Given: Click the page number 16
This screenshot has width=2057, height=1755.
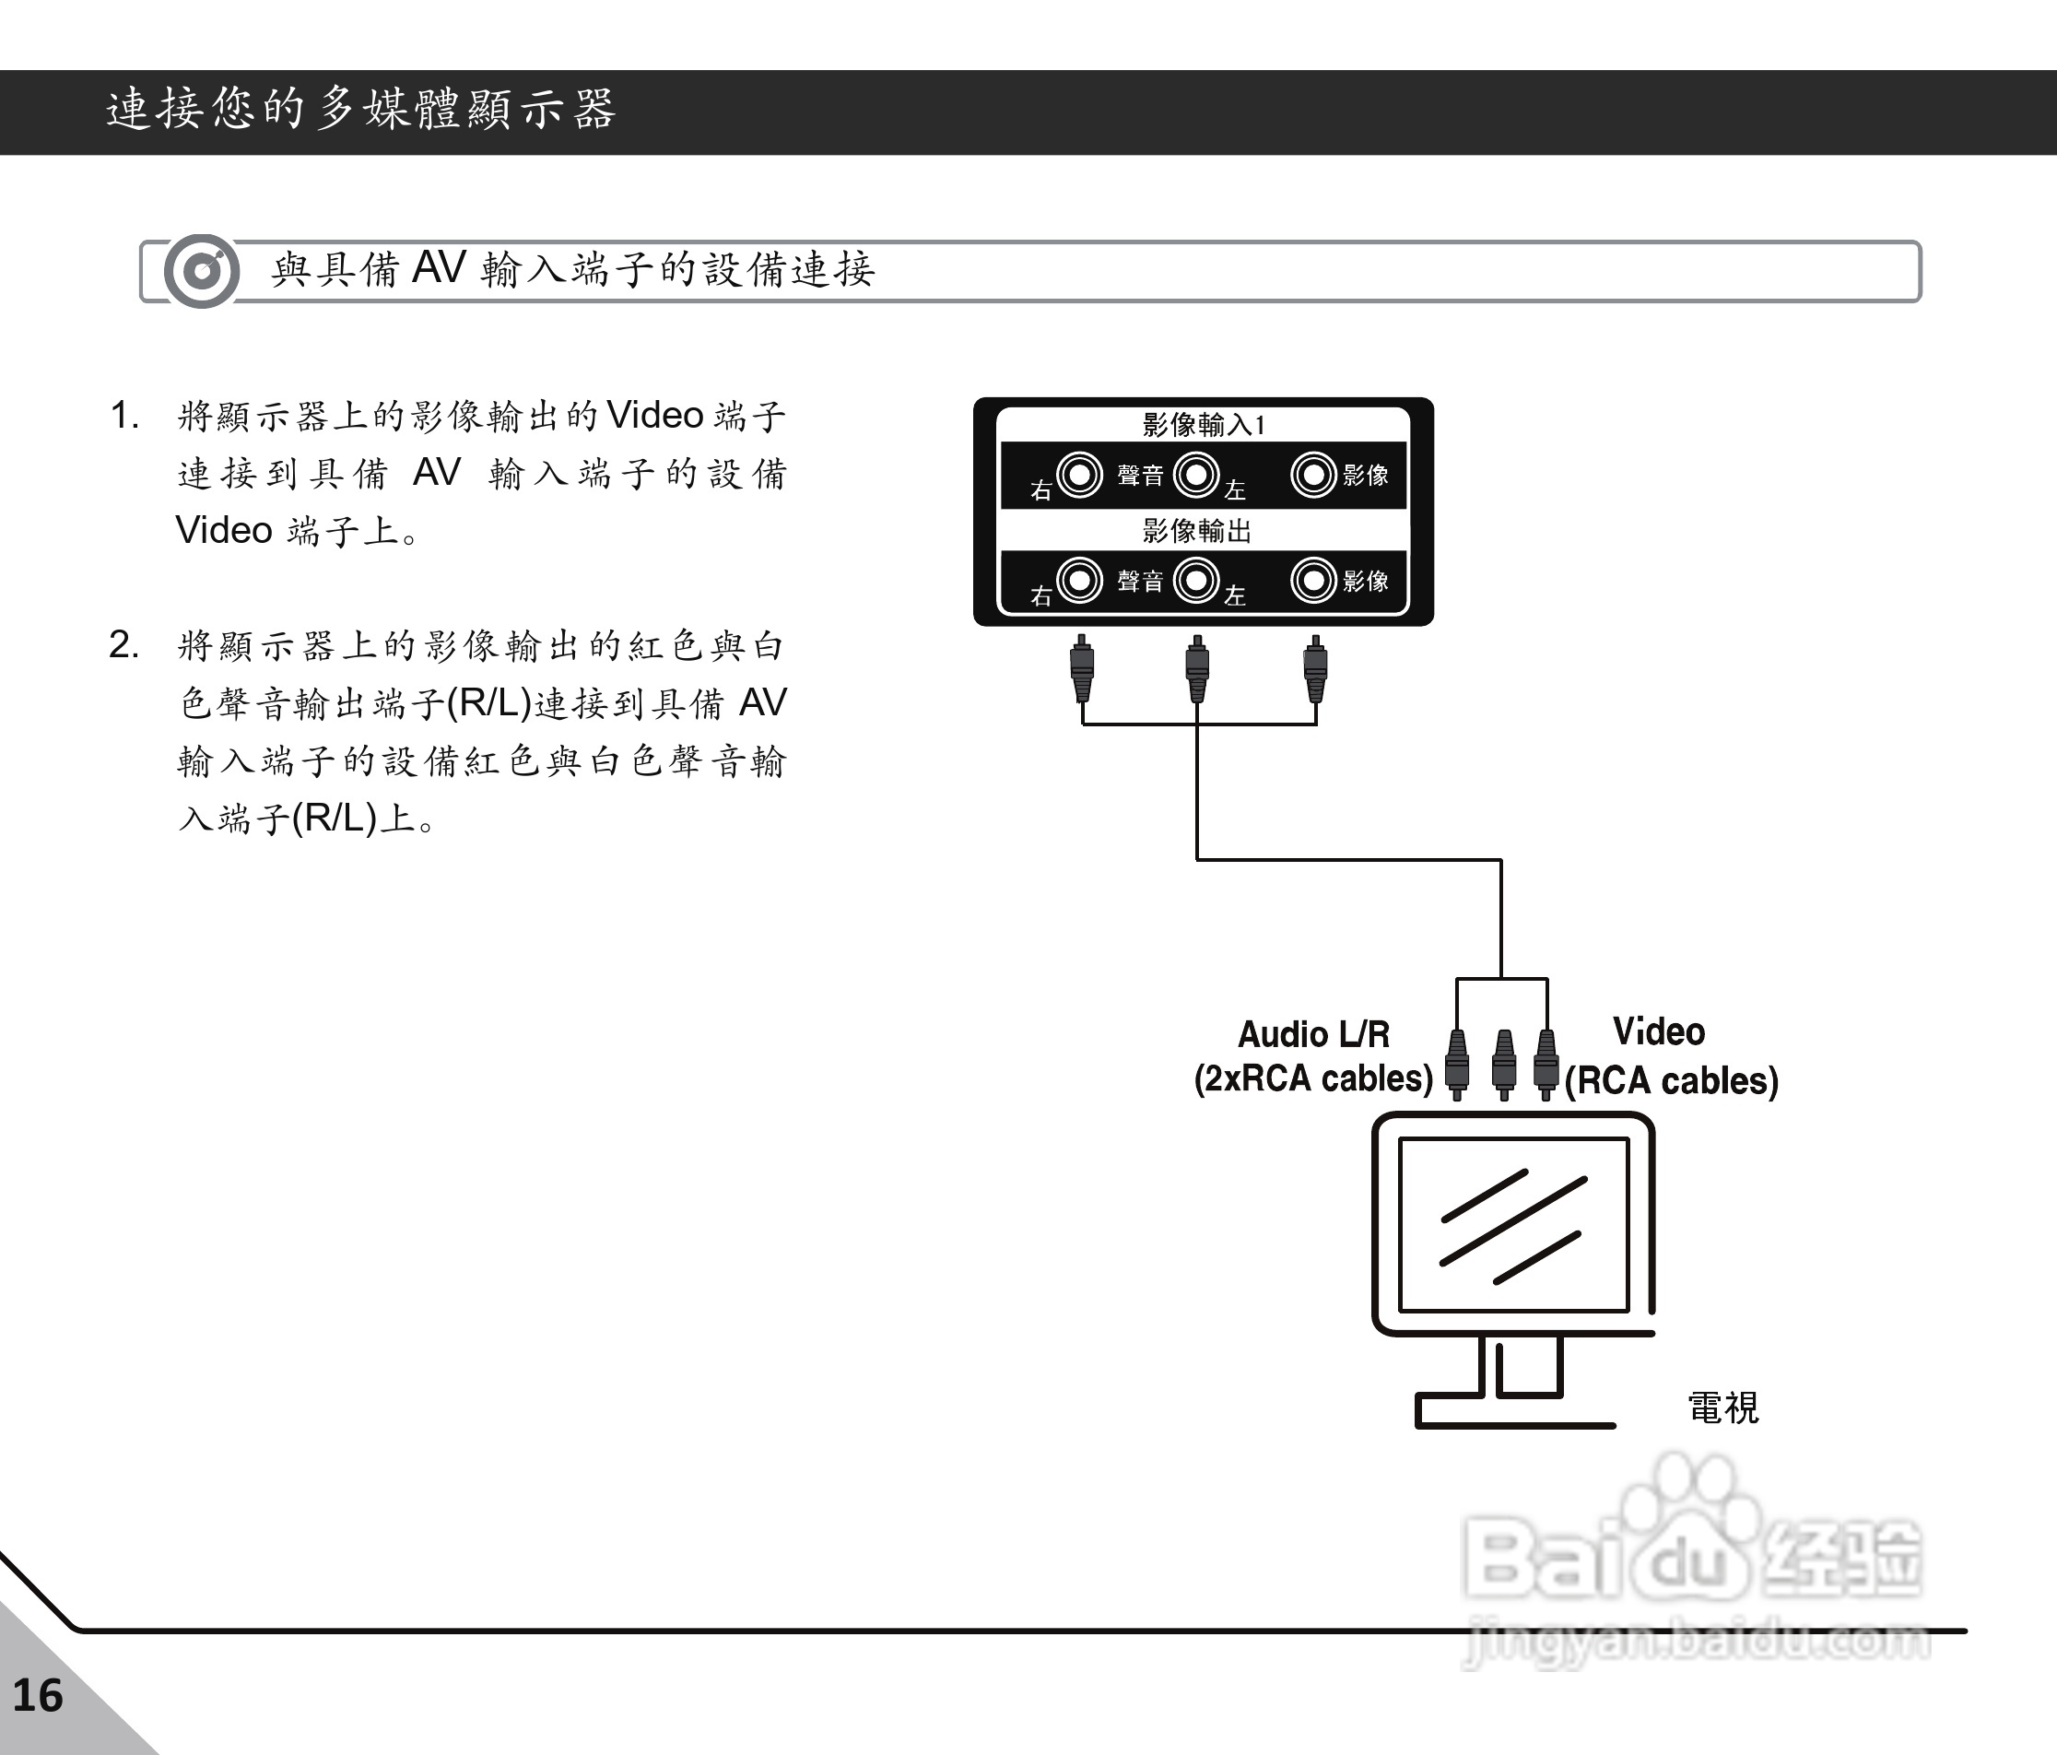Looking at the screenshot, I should [x=38, y=1695].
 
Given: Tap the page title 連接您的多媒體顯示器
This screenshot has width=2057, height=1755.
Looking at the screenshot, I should [x=361, y=109].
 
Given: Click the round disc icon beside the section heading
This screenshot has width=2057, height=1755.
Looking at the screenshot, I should [x=202, y=271].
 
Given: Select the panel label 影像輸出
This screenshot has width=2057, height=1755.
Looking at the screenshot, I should [x=1196, y=531].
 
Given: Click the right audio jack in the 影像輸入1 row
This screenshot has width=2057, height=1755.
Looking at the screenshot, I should [x=1080, y=475].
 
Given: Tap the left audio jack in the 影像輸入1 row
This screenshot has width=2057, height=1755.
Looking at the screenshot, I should [x=1196, y=475].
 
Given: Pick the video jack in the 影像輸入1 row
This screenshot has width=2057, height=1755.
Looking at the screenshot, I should [x=1313, y=475].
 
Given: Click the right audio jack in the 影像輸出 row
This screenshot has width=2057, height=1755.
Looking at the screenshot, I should [x=1080, y=581].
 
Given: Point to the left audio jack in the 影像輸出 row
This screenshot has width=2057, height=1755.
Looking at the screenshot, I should [x=1196, y=581].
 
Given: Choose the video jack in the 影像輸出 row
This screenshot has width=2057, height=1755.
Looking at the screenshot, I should [x=1313, y=581].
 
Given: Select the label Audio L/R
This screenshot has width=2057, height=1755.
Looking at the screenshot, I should [x=1313, y=1034].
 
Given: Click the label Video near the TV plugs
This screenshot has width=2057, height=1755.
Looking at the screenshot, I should [x=1659, y=1032].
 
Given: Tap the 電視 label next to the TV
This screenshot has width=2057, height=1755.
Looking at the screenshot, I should [x=1723, y=1408].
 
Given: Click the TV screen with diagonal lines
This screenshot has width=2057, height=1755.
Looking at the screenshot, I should [x=1513, y=1225].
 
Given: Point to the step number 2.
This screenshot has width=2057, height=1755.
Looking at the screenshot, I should [x=123, y=645].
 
